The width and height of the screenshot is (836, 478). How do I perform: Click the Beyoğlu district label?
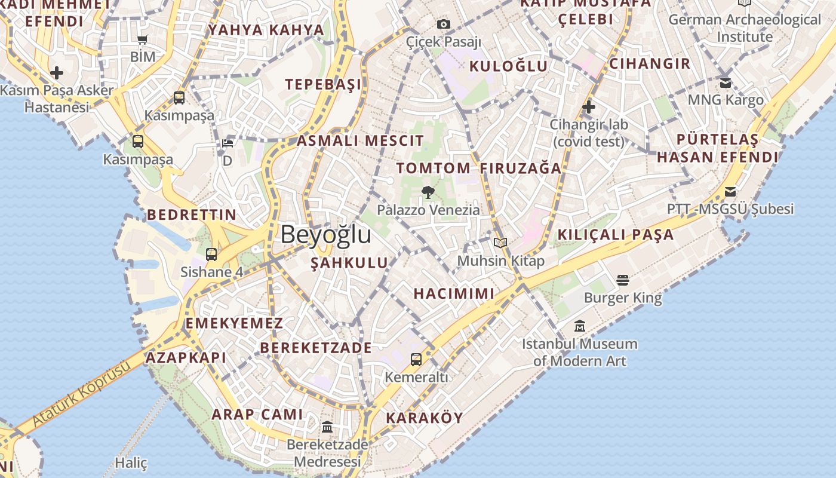(x=326, y=234)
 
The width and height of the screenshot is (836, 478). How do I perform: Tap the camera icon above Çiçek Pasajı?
(x=443, y=24)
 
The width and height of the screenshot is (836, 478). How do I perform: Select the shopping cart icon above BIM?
(x=142, y=40)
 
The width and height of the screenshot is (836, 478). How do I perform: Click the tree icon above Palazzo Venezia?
(x=428, y=192)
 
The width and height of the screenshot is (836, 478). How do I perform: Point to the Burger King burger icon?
(x=623, y=280)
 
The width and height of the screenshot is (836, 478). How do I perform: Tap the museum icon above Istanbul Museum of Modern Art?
(x=579, y=326)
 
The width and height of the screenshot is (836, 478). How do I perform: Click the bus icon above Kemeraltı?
(x=416, y=360)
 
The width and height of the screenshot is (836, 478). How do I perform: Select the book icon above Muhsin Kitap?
(x=500, y=243)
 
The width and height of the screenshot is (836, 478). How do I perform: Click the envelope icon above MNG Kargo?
(x=726, y=82)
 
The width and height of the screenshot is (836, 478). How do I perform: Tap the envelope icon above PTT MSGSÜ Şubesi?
(x=730, y=192)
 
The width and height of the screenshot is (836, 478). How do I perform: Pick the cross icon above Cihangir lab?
(x=589, y=108)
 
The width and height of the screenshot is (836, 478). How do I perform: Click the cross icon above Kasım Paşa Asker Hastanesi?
(x=57, y=73)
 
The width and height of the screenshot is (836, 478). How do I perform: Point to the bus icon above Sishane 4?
(x=211, y=255)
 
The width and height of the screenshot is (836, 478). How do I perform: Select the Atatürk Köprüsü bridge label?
(x=81, y=394)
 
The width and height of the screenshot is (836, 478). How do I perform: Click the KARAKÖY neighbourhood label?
(x=425, y=418)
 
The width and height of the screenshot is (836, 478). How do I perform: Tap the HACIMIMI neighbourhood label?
(x=454, y=293)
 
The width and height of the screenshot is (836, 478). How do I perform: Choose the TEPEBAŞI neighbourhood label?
(x=323, y=84)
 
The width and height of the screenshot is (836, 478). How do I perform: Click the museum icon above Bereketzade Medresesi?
(x=327, y=427)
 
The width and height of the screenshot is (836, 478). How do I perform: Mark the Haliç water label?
(x=131, y=463)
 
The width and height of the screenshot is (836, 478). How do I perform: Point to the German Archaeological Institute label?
(x=745, y=28)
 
